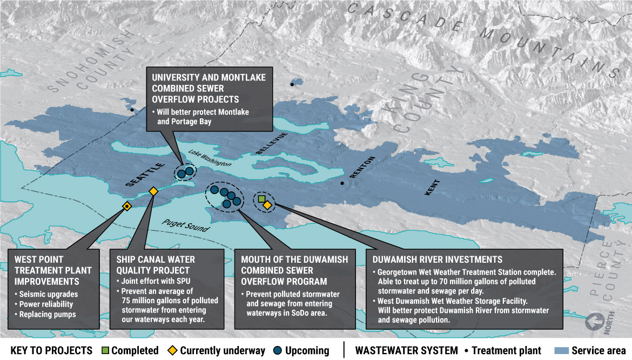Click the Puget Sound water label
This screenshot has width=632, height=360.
coord(185,226)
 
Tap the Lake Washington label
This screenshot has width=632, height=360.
coord(213,159)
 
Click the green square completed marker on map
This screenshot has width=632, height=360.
coord(261,199)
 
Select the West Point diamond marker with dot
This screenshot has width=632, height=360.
coord(126,206)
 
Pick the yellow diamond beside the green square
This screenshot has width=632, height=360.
coord(267,205)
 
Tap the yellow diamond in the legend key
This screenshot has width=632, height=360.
coord(173,351)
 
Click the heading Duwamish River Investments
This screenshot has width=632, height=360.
coord(438,259)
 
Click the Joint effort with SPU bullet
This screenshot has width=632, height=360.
coord(152,281)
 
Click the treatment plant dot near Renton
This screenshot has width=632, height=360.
coord(342,183)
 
